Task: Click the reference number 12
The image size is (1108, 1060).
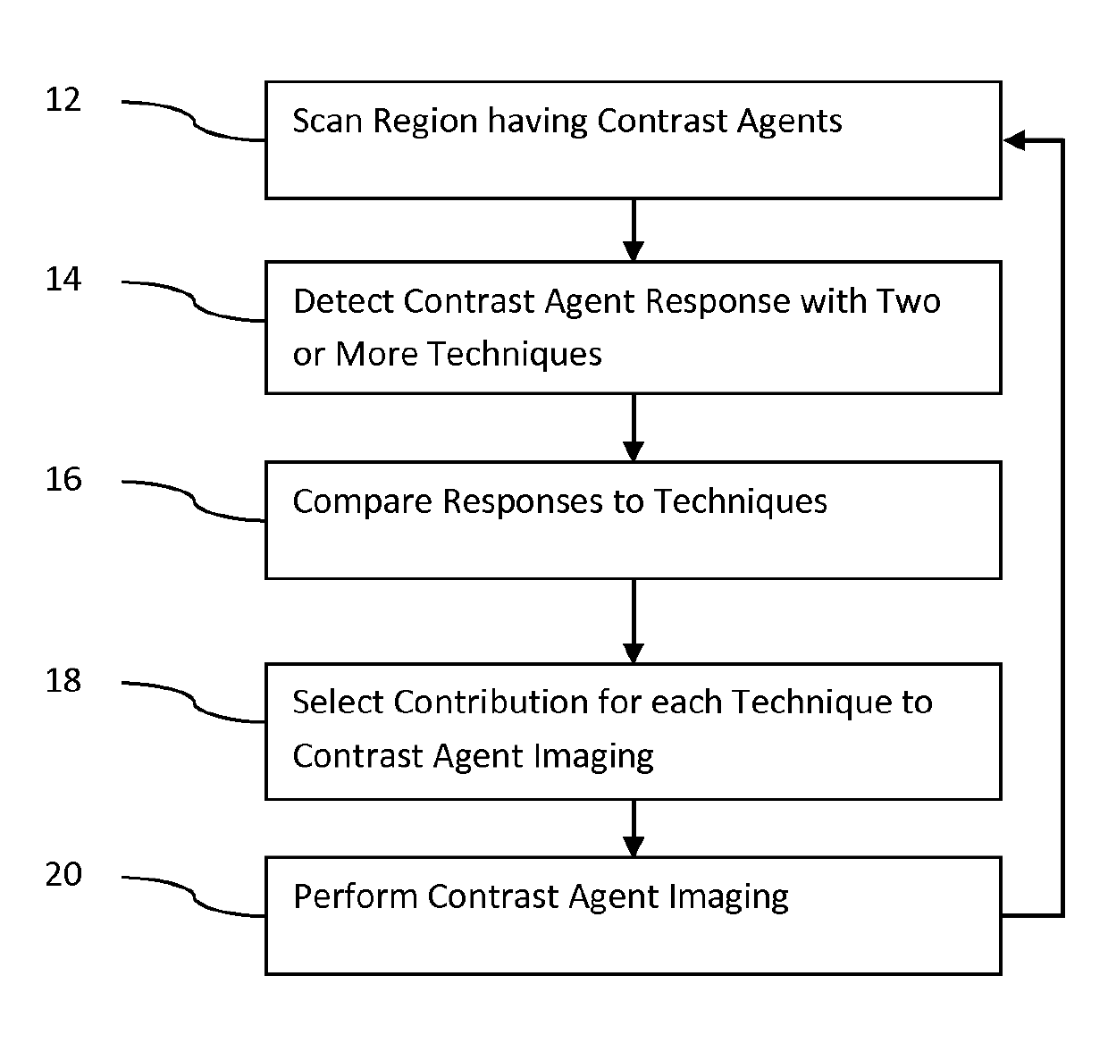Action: [x=63, y=100]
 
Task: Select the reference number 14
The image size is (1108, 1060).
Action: [x=63, y=279]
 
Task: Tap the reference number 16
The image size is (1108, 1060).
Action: [x=63, y=479]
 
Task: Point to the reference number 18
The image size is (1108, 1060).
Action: [x=63, y=680]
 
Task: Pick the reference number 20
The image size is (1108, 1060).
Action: [x=63, y=873]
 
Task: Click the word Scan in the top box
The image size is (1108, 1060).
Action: [x=327, y=121]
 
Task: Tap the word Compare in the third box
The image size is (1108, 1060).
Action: [x=363, y=502]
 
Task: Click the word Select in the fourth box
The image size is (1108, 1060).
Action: [x=338, y=702]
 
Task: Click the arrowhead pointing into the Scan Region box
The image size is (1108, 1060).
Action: [x=1014, y=140]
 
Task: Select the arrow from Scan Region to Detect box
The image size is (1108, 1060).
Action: [x=634, y=230]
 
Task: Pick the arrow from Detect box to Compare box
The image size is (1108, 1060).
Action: [x=634, y=427]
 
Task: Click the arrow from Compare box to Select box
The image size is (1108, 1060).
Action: [x=634, y=621]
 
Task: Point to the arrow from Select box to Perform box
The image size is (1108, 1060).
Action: [x=634, y=829]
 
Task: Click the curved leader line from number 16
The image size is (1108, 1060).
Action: [x=194, y=502]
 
